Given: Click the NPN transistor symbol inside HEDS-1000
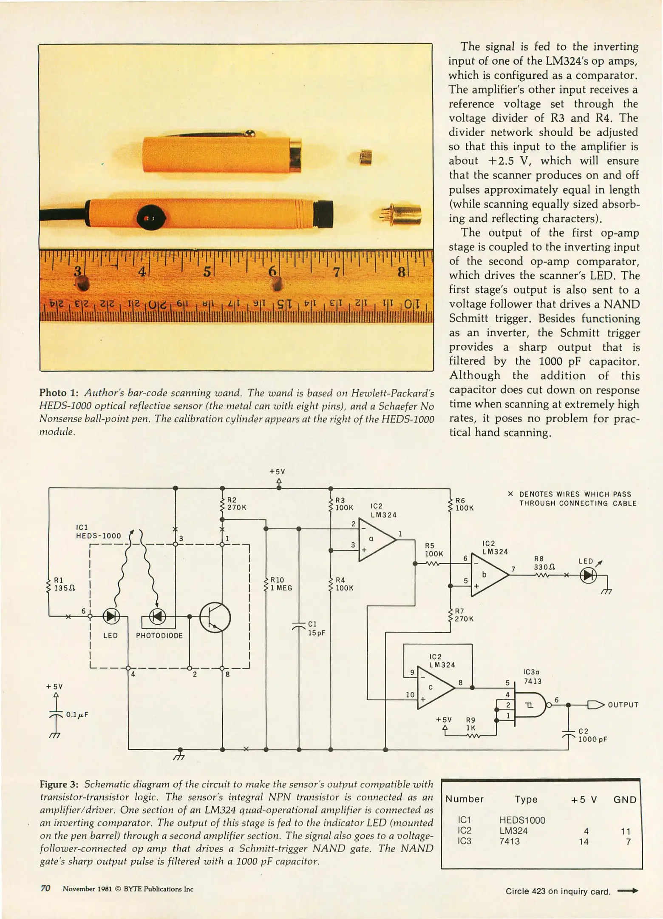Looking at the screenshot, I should point(215,617).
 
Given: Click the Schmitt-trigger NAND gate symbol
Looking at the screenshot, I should point(530,705).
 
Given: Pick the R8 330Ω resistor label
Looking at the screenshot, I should point(544,562).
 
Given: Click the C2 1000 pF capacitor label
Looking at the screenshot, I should point(592,735).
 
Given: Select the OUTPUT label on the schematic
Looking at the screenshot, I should point(623,705).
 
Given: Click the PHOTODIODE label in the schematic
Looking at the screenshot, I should point(159,636).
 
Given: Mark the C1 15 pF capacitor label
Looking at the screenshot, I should point(316,628).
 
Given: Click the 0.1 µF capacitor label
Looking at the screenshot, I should point(77,714).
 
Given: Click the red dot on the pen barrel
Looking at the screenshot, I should point(146,218).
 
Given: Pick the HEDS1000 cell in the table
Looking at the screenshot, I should point(522,820).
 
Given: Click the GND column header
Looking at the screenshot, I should point(624,799).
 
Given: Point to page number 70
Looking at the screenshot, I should point(45,888).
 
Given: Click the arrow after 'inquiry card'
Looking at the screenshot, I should point(627,890).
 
